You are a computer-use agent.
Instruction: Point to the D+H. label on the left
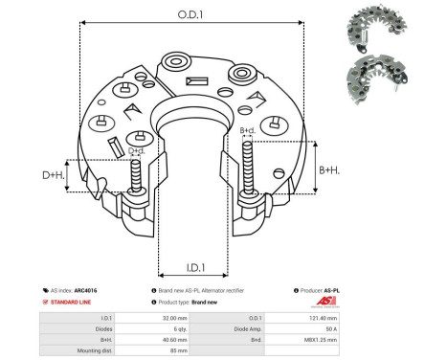point(54,175)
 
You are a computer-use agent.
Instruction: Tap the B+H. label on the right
point(328,169)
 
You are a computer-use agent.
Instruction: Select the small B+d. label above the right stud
point(246,130)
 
